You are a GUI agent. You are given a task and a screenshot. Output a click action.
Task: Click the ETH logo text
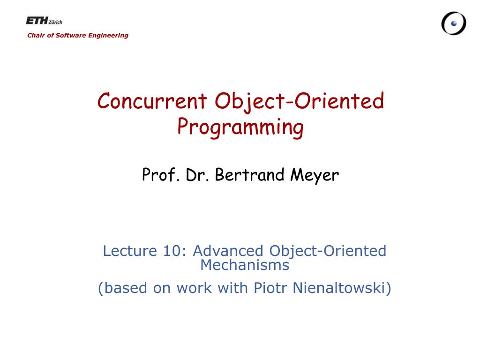(x=37, y=21)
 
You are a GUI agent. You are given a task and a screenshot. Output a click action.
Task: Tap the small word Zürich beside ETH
(x=55, y=22)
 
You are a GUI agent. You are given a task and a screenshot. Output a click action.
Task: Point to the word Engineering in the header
(x=109, y=35)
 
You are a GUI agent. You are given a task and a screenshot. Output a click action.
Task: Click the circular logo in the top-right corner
(x=453, y=23)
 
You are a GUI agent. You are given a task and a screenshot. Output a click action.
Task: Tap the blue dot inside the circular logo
(x=454, y=23)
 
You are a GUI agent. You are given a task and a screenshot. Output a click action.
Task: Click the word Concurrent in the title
(x=152, y=101)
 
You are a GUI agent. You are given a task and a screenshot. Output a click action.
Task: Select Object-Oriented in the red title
(x=300, y=101)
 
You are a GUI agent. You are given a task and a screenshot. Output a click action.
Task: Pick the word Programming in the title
(x=240, y=127)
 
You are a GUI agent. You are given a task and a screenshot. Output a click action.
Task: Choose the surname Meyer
(x=314, y=175)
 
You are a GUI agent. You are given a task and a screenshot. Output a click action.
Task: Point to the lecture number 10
(x=174, y=251)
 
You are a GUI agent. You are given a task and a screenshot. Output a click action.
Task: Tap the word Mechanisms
(x=245, y=265)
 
